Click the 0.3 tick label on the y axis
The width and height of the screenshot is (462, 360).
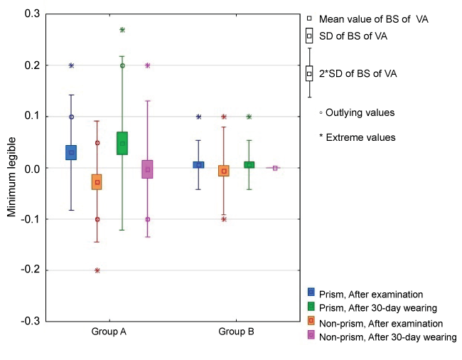(31, 14)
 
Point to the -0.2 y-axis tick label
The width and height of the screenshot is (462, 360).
(30, 270)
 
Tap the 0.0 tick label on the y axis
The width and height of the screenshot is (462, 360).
(31, 168)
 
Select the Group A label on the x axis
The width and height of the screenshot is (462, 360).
(109, 332)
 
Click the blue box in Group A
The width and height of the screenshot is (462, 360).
(71, 152)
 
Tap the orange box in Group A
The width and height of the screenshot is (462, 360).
(97, 181)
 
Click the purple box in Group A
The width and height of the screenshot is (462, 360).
(148, 169)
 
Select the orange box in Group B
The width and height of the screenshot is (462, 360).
(224, 171)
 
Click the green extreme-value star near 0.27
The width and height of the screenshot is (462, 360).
(122, 30)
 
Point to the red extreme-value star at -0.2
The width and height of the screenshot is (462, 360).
(97, 270)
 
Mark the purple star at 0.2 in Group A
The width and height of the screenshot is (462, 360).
(148, 65)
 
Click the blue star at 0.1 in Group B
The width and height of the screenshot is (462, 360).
(198, 117)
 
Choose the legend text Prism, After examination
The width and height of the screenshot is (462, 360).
(370, 294)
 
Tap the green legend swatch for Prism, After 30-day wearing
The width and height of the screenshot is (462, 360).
(311, 307)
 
